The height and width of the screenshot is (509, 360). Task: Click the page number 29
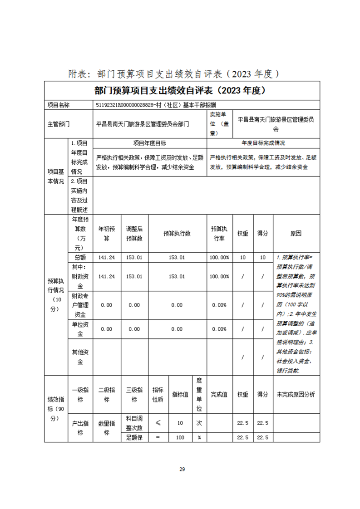click(182, 469)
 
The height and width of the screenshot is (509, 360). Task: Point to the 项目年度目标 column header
click(149, 143)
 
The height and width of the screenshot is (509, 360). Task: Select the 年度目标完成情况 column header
click(263, 143)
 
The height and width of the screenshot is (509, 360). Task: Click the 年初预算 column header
click(107, 234)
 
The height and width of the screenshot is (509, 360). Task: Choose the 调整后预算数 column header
click(134, 234)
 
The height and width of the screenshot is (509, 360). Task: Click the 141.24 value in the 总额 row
click(107, 257)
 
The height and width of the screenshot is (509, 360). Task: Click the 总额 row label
click(80, 257)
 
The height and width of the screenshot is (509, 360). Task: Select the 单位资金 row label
click(80, 329)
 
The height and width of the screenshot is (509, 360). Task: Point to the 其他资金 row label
click(80, 357)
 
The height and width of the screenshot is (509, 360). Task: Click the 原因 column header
click(296, 234)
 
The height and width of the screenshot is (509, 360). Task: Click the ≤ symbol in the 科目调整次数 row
click(158, 423)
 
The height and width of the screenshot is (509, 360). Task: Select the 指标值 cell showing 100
click(180, 437)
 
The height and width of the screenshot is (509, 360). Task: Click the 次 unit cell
click(199, 423)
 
